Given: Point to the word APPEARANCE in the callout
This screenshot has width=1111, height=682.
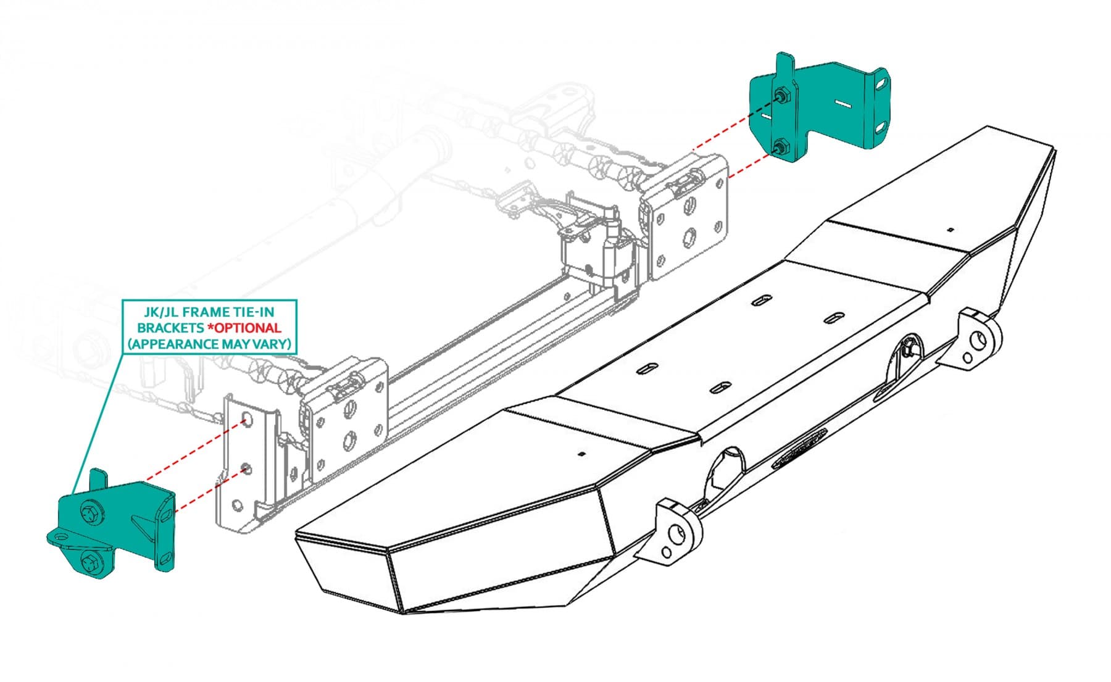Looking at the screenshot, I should click(183, 344).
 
